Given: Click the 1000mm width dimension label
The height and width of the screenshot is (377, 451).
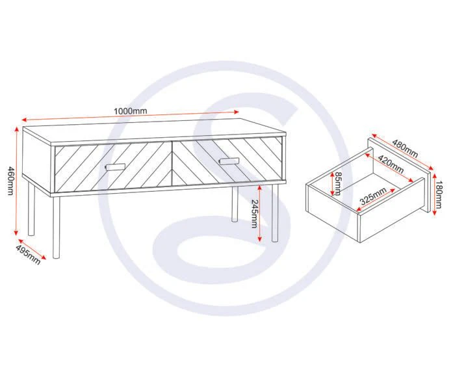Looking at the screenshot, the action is (131, 110).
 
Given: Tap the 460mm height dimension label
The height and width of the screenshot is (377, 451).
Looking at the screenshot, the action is (10, 181).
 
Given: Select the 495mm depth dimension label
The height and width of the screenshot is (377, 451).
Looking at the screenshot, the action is (27, 255).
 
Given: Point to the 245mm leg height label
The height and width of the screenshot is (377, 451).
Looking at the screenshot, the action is (255, 214).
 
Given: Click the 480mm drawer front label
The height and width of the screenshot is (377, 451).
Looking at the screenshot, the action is (405, 148).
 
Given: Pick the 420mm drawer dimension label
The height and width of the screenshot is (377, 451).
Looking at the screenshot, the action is (391, 164).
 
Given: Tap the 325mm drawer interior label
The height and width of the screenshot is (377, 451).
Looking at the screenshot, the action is (373, 196).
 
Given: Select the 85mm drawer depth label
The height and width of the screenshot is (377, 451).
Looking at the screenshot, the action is (338, 183).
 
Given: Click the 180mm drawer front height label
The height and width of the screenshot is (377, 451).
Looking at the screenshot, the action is (439, 194).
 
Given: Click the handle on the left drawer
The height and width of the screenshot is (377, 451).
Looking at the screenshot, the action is (115, 167).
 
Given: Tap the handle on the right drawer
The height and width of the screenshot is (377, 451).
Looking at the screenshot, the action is (229, 161).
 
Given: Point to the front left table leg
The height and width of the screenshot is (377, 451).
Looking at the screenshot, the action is (57, 227).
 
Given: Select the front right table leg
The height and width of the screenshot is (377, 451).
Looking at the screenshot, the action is (276, 213).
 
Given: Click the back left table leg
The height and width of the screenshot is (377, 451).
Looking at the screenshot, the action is (31, 209).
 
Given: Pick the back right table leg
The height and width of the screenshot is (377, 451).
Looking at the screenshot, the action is (235, 204).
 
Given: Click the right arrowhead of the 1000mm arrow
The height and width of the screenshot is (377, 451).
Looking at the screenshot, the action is (237, 112).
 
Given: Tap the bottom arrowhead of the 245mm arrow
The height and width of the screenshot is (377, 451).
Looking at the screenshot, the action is (260, 239).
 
